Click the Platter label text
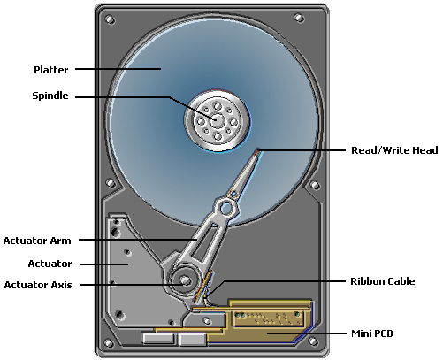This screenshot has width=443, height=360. click(50, 69)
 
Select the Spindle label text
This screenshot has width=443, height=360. click(50, 96)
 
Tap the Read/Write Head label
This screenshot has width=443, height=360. click(393, 150)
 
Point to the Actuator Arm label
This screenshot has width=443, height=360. click(37, 240)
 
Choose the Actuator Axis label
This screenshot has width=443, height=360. click(37, 285)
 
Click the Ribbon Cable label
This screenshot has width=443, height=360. click(383, 281)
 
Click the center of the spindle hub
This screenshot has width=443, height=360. click(215, 119)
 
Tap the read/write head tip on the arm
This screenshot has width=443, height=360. click(257, 151)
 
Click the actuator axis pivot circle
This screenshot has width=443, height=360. click(186, 282)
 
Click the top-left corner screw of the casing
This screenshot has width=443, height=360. click(109, 18)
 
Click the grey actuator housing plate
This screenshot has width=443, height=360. click(133, 265)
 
